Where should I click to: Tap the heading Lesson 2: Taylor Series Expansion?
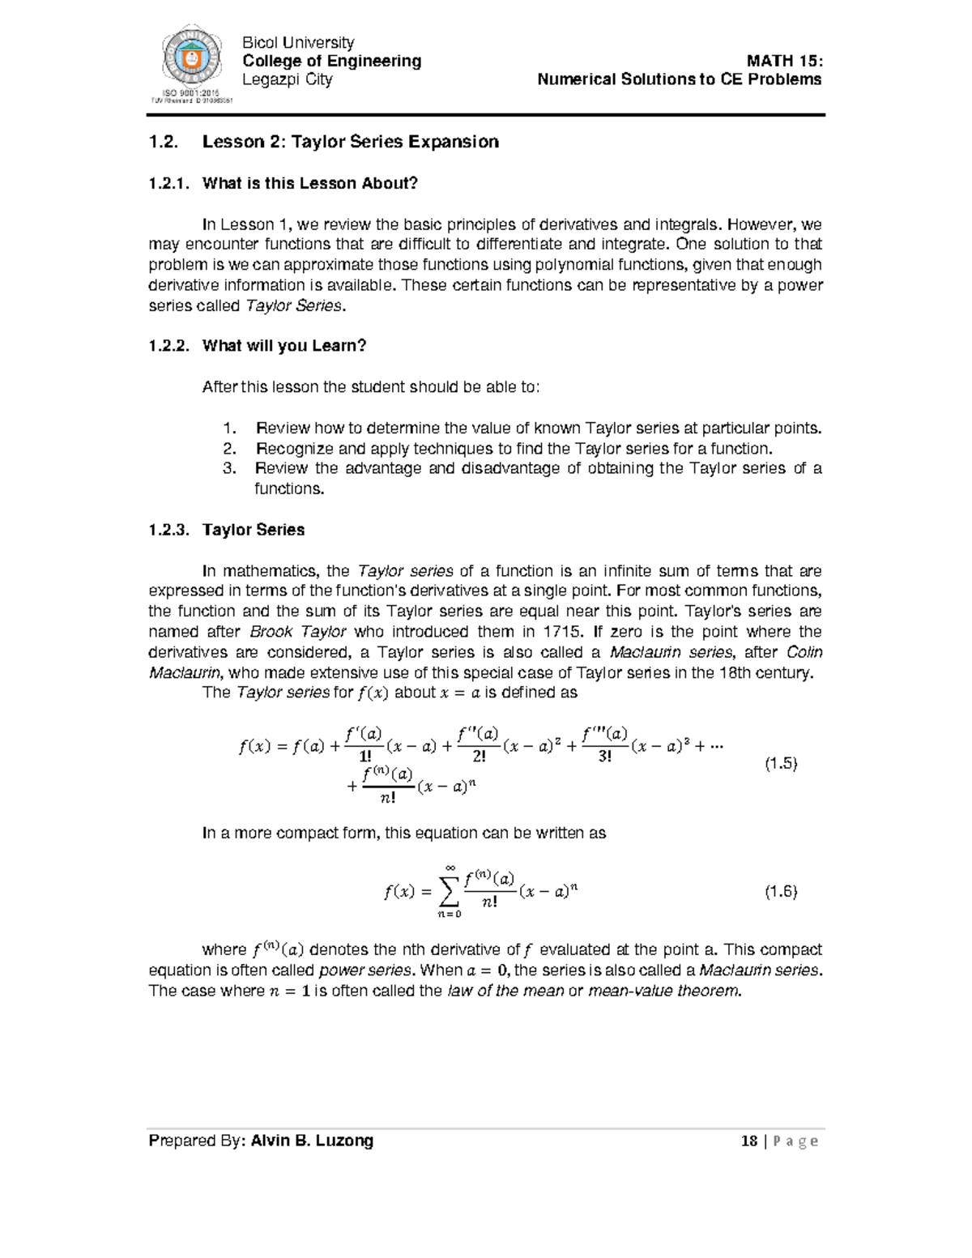pyautogui.click(x=350, y=142)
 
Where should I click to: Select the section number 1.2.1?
pyautogui.click(x=169, y=183)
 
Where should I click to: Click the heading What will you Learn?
pyautogui.click(x=283, y=346)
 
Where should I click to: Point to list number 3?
pyautogui.click(x=229, y=468)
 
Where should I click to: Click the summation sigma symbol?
pyautogui.click(x=449, y=892)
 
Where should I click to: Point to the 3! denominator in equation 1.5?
pyautogui.click(x=604, y=757)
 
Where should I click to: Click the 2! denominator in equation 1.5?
pyautogui.click(x=478, y=757)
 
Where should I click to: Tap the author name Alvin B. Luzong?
pyautogui.click(x=312, y=1141)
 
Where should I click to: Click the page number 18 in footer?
pyautogui.click(x=748, y=1141)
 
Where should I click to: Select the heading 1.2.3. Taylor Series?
pyautogui.click(x=227, y=530)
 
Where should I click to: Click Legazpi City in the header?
pyautogui.click(x=288, y=79)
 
